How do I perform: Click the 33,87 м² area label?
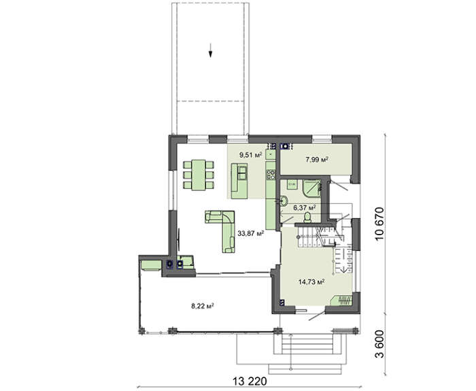tap(250, 233)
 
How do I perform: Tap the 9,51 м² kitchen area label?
tap(251, 155)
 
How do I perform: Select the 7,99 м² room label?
tap(318, 160)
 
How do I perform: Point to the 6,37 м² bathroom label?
tap(305, 207)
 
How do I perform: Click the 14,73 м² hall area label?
tap(311, 282)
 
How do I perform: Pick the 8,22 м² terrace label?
tap(203, 306)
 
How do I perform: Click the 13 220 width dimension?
tap(250, 381)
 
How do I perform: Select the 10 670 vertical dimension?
tap(379, 224)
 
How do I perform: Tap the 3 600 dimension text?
tap(379, 344)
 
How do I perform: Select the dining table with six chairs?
tap(199, 175)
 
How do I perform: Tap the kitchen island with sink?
tap(239, 181)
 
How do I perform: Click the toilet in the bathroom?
tap(307, 217)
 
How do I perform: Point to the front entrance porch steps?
tap(305, 352)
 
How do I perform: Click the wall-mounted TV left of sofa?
tap(178, 240)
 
